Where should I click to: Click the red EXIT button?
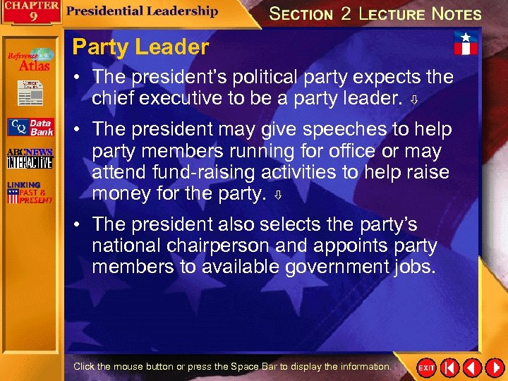click(x=426, y=368)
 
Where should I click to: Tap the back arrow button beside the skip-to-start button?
click(x=471, y=368)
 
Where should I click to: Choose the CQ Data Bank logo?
click(x=30, y=127)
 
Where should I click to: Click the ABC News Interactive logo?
click(x=30, y=159)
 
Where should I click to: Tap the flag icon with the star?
click(x=466, y=43)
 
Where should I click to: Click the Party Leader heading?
click(x=141, y=47)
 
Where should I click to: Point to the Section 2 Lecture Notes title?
click(x=375, y=13)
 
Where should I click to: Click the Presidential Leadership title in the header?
click(x=143, y=11)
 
